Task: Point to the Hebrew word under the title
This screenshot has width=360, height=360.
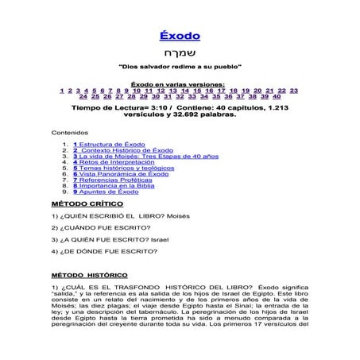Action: pos(180,56)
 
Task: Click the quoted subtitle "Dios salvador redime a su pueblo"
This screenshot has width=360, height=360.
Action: pos(180,71)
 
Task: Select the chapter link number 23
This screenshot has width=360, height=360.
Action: pos(293,91)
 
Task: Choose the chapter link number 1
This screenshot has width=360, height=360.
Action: pos(63,91)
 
